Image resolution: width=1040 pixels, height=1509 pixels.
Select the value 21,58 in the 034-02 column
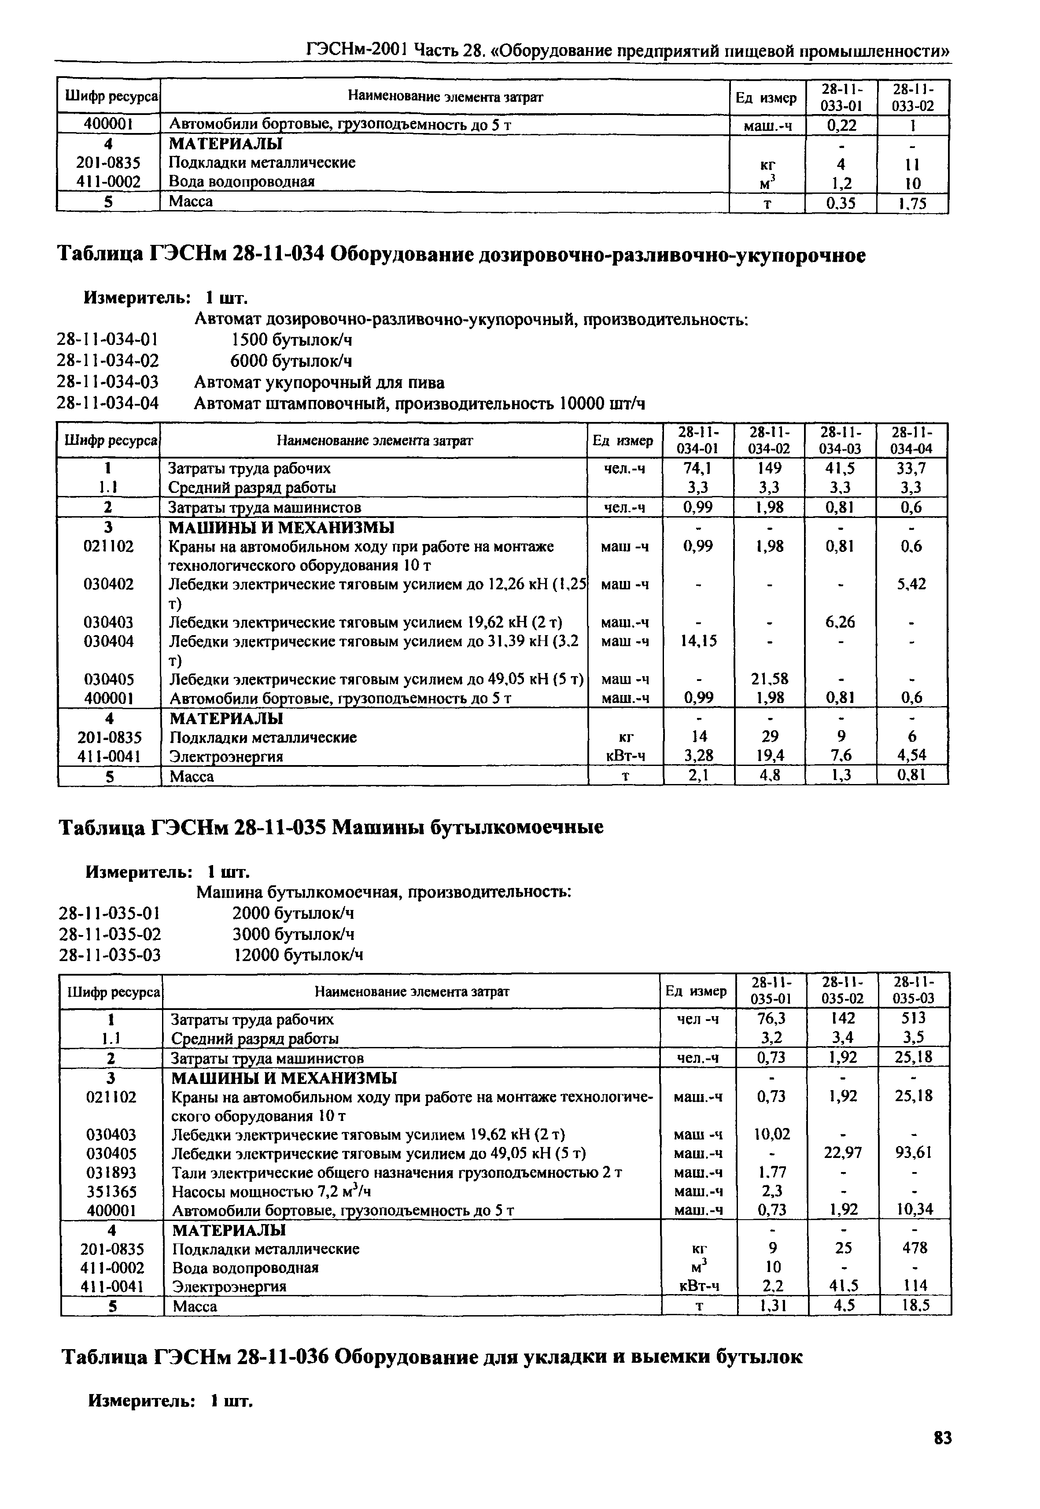[x=770, y=679]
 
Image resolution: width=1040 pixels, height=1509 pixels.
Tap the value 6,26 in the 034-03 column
[x=841, y=622]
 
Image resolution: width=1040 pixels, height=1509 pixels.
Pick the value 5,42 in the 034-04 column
[x=911, y=584]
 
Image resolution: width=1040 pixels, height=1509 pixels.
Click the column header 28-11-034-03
[x=841, y=440]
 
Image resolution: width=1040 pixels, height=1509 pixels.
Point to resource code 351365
[x=111, y=1191]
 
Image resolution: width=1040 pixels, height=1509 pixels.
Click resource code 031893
[x=111, y=1172]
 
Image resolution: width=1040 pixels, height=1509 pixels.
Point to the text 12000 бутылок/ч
[x=298, y=956]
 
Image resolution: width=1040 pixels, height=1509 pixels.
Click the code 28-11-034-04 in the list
[x=108, y=403]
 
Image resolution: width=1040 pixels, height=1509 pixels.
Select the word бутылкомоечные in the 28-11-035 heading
[x=516, y=828]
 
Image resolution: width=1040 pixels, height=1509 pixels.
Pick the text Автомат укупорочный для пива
[x=319, y=383]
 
